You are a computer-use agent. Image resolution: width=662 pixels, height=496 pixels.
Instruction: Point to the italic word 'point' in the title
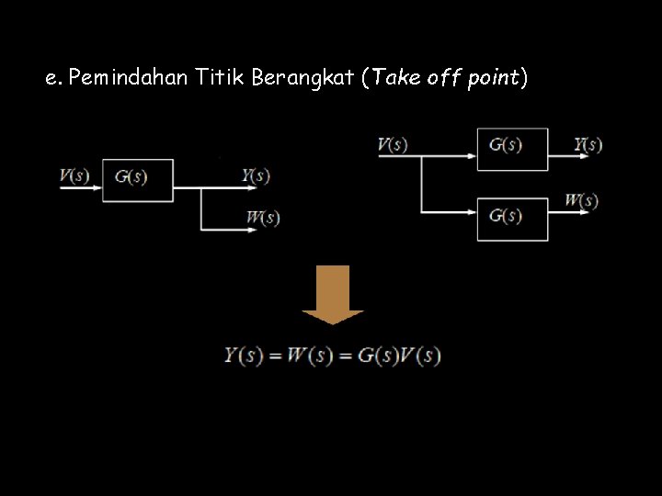click(x=495, y=78)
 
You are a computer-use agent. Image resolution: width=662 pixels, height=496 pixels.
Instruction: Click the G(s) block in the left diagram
click(x=138, y=180)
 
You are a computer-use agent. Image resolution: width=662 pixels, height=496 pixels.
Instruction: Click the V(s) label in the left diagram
click(x=74, y=175)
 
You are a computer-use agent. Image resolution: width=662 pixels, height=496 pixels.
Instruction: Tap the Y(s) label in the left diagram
click(x=256, y=175)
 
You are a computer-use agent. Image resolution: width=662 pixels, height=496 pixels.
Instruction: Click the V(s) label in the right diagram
click(x=393, y=145)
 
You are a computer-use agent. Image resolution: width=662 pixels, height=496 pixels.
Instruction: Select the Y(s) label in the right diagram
click(x=588, y=144)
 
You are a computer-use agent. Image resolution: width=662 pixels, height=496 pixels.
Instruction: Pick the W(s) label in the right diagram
click(x=581, y=200)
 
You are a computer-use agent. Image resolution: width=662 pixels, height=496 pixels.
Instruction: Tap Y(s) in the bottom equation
click(x=244, y=355)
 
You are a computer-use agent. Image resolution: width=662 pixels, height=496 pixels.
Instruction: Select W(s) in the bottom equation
click(x=310, y=355)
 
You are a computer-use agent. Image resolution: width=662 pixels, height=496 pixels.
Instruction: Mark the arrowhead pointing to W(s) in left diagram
click(x=252, y=230)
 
